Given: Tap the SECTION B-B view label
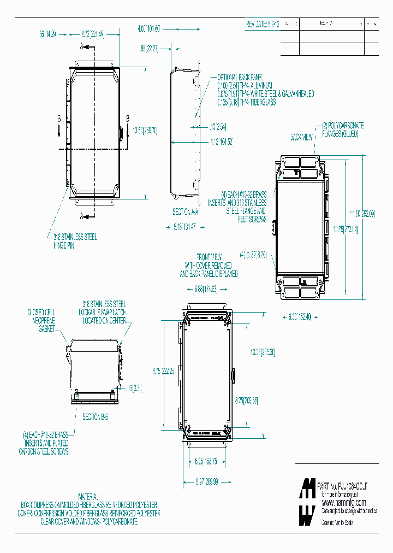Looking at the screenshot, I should click(96, 417).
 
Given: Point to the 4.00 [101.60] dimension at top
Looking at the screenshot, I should click(148, 28).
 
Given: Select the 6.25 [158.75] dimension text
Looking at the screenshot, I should click(206, 461).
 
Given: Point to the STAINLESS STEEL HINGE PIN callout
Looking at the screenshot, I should click(72, 241).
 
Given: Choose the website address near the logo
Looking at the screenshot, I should click(343, 502).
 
